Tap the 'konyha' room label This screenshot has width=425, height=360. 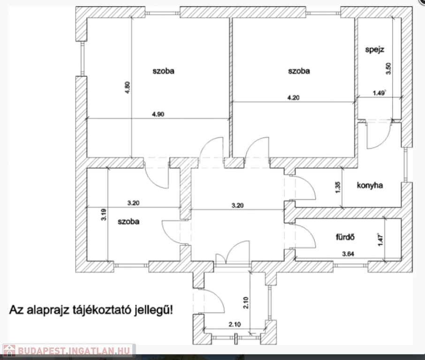click(370, 185)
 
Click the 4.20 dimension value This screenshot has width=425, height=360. click(293, 97)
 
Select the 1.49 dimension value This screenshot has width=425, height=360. click(379, 93)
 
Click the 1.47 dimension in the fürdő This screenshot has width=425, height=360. click(381, 240)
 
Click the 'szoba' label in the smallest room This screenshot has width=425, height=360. click(128, 222)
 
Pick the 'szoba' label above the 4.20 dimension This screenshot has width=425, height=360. click(299, 71)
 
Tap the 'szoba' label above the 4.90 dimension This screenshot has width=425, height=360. click(164, 71)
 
